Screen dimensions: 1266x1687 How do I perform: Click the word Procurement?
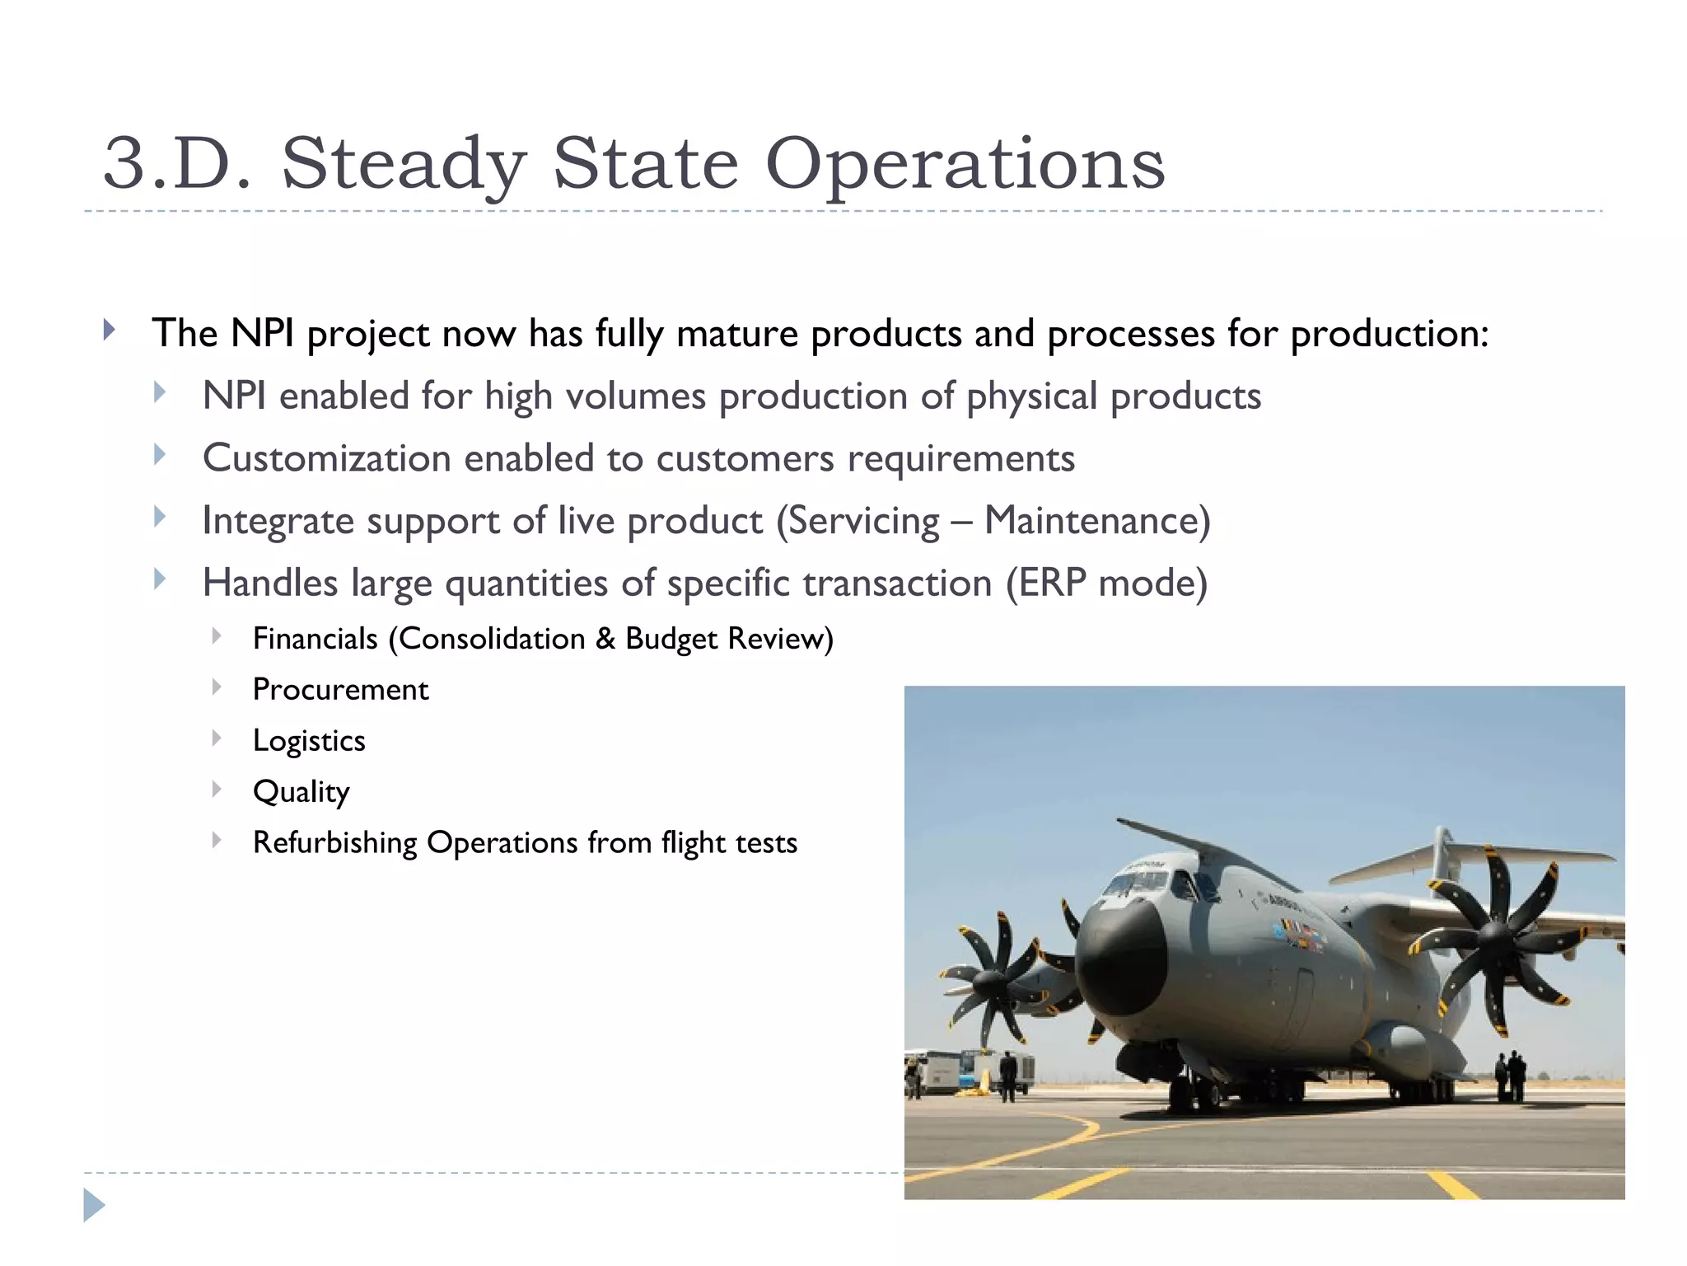[x=340, y=689]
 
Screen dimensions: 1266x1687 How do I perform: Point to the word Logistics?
[x=309, y=740]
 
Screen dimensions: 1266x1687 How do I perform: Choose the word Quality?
[x=301, y=791]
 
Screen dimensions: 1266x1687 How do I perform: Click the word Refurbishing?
[x=334, y=842]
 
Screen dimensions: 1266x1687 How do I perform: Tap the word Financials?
[x=315, y=639]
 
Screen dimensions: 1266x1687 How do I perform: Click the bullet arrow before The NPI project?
[x=109, y=331]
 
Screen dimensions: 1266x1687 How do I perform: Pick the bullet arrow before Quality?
[x=216, y=789]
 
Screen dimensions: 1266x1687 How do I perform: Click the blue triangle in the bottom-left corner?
[x=94, y=1205]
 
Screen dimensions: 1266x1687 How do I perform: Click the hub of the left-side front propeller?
[x=988, y=984]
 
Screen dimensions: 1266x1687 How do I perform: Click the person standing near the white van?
[x=1007, y=1076]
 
